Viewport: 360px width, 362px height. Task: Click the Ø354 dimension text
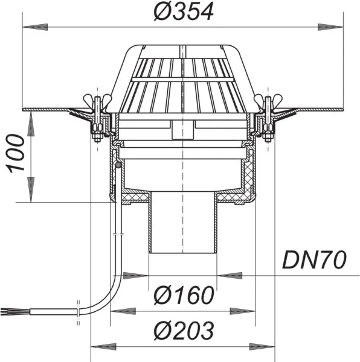coord(184,12)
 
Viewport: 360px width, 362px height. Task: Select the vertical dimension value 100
coord(16,153)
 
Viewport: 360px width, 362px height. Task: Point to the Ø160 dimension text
coord(184,296)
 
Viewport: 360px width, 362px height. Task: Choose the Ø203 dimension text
coord(184,331)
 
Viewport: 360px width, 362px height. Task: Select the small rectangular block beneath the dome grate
coord(181,129)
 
